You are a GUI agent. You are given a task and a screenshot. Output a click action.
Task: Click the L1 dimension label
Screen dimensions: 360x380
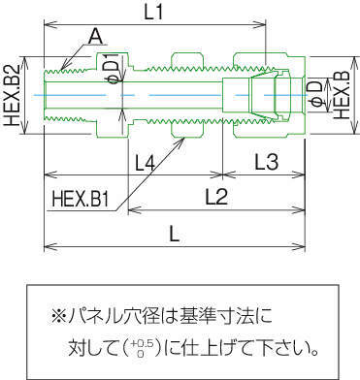point(152,13)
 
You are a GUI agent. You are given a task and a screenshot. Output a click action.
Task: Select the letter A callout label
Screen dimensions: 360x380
point(96,37)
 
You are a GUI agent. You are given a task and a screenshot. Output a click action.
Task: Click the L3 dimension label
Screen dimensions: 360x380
point(267,162)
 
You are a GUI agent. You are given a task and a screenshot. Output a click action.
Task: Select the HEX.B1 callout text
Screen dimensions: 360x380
point(80,200)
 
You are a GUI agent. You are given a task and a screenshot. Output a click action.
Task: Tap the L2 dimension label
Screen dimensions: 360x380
point(216,197)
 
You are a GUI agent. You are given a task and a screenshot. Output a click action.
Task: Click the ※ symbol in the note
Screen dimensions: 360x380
point(58,316)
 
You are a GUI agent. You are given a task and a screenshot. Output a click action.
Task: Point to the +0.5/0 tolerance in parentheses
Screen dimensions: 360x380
point(140,348)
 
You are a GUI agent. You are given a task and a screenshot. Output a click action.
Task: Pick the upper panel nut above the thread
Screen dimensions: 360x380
point(188,60)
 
